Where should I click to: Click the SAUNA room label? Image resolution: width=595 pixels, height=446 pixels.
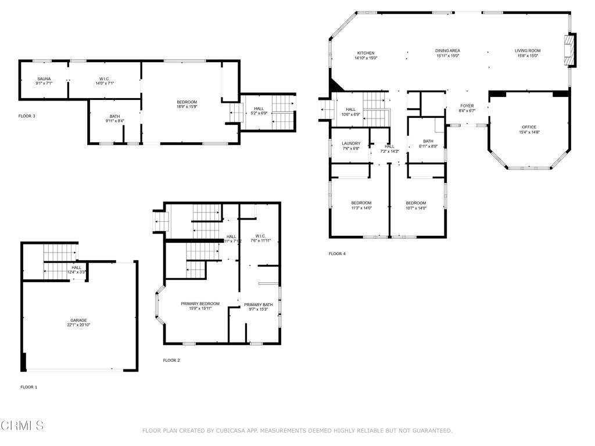coord(44,79)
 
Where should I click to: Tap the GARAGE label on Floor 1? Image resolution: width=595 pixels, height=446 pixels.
coord(79,321)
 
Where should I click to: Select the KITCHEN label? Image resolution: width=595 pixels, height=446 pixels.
coord(366,53)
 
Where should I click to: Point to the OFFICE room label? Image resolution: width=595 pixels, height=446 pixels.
coord(529,127)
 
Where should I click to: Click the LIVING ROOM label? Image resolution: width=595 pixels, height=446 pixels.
coord(528,51)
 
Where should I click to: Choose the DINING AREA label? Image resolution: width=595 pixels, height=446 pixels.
coord(447,51)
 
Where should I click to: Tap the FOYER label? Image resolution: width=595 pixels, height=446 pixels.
coord(467,106)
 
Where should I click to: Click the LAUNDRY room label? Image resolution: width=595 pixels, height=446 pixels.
coord(351,143)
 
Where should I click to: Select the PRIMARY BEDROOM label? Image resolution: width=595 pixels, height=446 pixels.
coord(200,304)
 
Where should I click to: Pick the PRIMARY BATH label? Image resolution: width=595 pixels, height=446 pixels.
coord(259,305)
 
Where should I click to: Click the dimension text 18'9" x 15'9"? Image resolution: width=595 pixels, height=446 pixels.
coord(187,107)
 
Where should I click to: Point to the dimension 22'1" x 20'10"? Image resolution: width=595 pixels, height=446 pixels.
coord(79,325)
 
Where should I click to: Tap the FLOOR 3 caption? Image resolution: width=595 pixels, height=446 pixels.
coord(27,116)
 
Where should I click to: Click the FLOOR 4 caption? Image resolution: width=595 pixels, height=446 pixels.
coord(337,254)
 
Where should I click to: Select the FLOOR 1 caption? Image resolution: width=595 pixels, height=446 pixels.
coord(28,387)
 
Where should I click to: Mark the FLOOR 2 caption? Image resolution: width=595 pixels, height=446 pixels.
coord(171,361)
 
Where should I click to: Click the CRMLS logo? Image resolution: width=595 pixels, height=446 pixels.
coord(22,426)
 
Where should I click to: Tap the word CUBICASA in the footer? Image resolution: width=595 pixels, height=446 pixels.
coord(231,431)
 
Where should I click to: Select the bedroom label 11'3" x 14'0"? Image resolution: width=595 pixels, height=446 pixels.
coord(361,208)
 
